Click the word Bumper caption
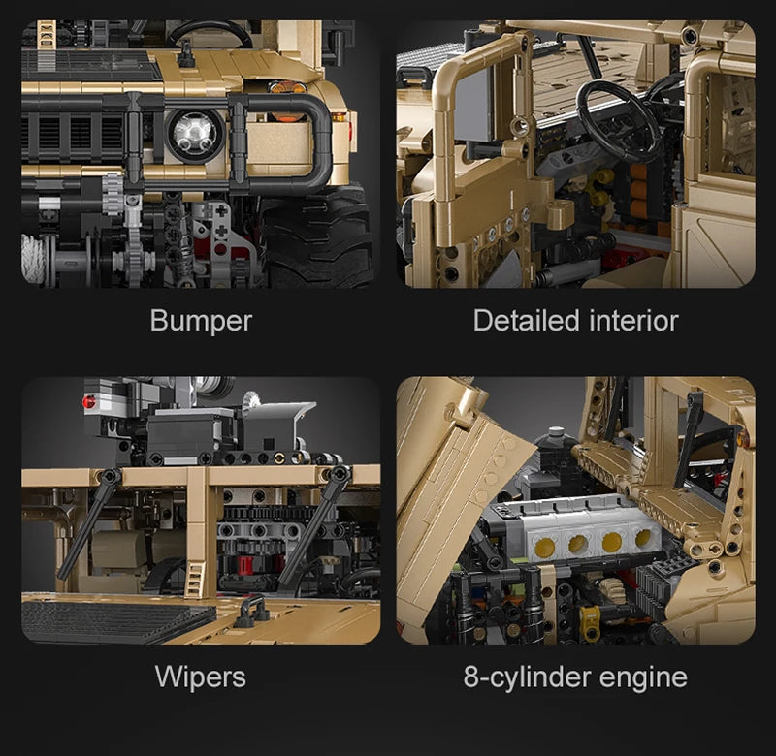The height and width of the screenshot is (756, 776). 201,322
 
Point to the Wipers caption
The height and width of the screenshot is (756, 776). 200,677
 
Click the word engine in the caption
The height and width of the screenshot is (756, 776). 643,678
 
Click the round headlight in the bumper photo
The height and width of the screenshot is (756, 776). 195,134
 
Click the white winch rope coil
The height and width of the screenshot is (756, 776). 34,260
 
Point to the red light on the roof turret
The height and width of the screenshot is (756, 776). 89,401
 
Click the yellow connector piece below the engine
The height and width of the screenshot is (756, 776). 591,618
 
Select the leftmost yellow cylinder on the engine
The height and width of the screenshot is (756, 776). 544,547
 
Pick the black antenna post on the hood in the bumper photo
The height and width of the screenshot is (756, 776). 185,54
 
